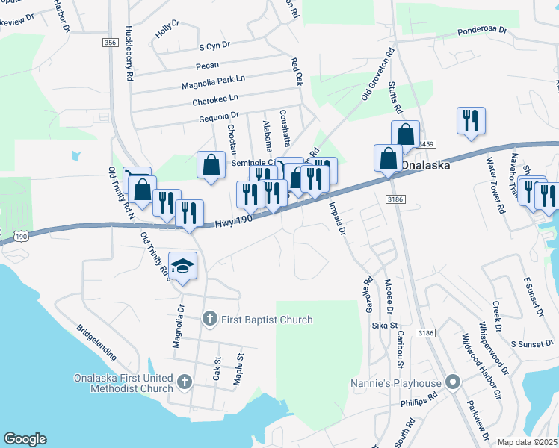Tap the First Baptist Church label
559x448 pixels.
[x=268, y=320]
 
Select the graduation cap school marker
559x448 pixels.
[x=183, y=266]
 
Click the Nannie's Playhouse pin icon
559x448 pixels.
[x=451, y=383]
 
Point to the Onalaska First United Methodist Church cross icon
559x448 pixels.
[x=185, y=383]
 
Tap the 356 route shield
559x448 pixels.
[x=110, y=43]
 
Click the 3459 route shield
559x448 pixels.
[x=426, y=143]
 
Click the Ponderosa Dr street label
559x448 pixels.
[x=482, y=32]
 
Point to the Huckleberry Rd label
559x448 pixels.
[x=129, y=54]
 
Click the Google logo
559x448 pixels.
[x=25, y=439]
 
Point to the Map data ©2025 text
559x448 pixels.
[x=528, y=442]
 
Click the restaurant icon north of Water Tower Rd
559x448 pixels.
[x=471, y=120]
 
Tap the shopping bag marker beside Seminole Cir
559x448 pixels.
[x=211, y=164]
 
